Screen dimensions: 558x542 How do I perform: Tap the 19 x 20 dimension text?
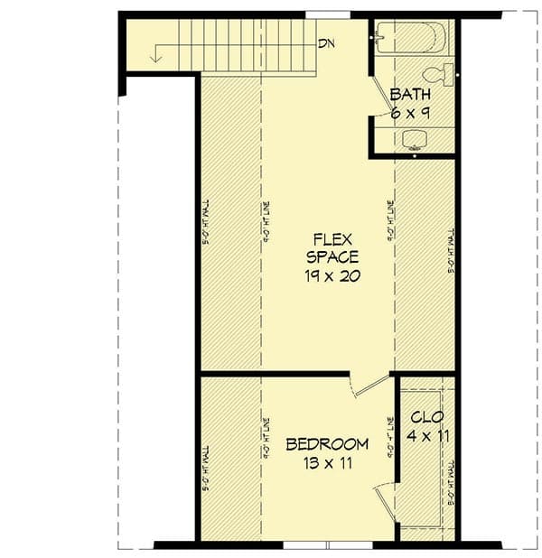(332, 276)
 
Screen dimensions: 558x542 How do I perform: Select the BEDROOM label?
(327, 444)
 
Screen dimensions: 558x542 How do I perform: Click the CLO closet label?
(425, 418)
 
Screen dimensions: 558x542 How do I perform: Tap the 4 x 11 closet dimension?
(425, 436)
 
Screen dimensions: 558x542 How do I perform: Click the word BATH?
(410, 95)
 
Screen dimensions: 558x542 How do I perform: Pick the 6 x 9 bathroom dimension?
(410, 113)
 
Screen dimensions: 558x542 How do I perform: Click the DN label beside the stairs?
(327, 42)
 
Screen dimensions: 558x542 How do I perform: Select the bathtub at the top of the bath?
(412, 38)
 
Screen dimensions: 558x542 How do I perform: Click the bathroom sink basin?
(415, 138)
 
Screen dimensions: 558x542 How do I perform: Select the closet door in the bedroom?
(385, 502)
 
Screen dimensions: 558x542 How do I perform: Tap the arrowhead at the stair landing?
(156, 59)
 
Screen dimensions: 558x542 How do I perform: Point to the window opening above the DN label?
(327, 15)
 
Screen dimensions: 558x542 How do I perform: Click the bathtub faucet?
(379, 38)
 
